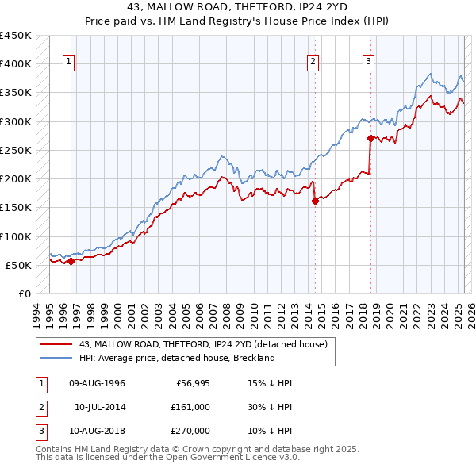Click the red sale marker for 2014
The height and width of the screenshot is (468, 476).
click(x=315, y=201)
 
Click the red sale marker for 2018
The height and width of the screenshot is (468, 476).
click(x=370, y=138)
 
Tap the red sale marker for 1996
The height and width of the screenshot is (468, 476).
click(x=71, y=260)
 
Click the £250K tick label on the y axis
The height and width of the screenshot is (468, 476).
click(x=15, y=150)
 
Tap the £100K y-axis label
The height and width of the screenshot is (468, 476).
click(x=15, y=236)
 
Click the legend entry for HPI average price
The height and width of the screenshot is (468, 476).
click(x=176, y=358)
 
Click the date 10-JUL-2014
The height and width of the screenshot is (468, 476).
click(x=99, y=406)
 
